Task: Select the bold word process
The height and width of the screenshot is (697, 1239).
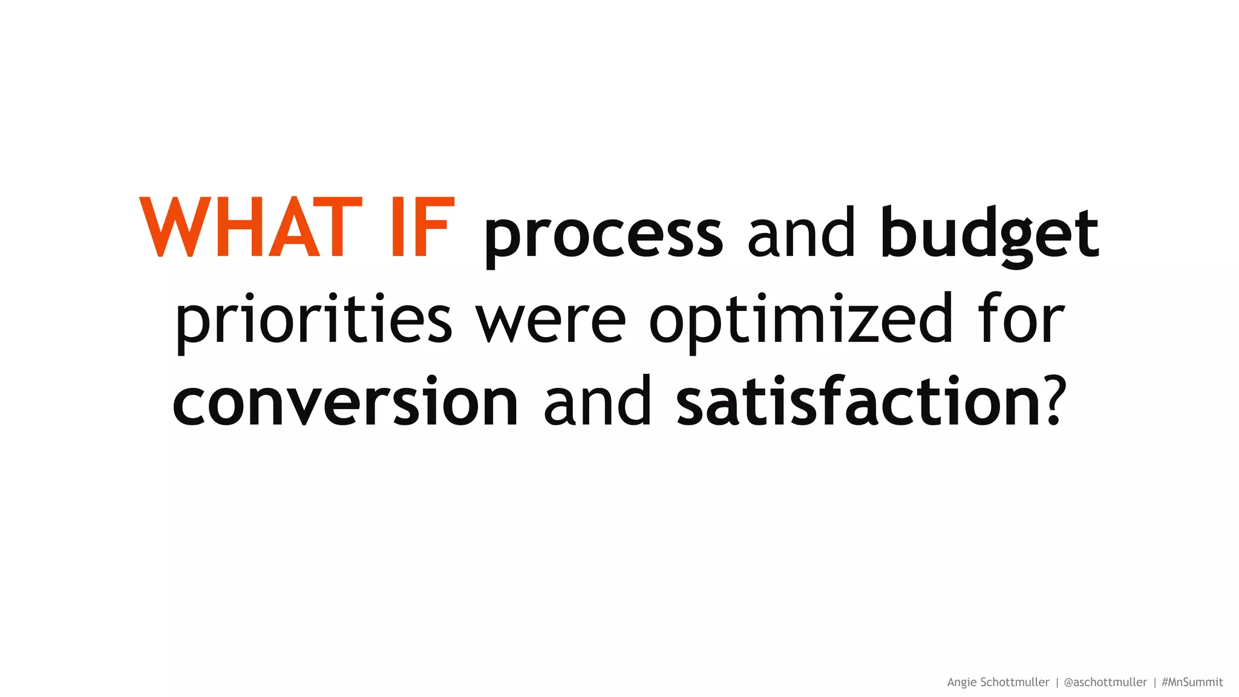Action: click(603, 235)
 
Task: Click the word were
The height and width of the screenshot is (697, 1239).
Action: click(551, 321)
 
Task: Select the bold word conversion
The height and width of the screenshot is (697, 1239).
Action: click(345, 402)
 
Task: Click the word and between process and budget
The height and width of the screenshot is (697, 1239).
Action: click(801, 232)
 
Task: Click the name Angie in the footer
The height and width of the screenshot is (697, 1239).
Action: click(961, 682)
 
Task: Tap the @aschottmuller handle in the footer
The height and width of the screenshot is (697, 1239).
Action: click(1105, 682)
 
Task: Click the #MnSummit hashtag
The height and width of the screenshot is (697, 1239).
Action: click(1192, 682)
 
